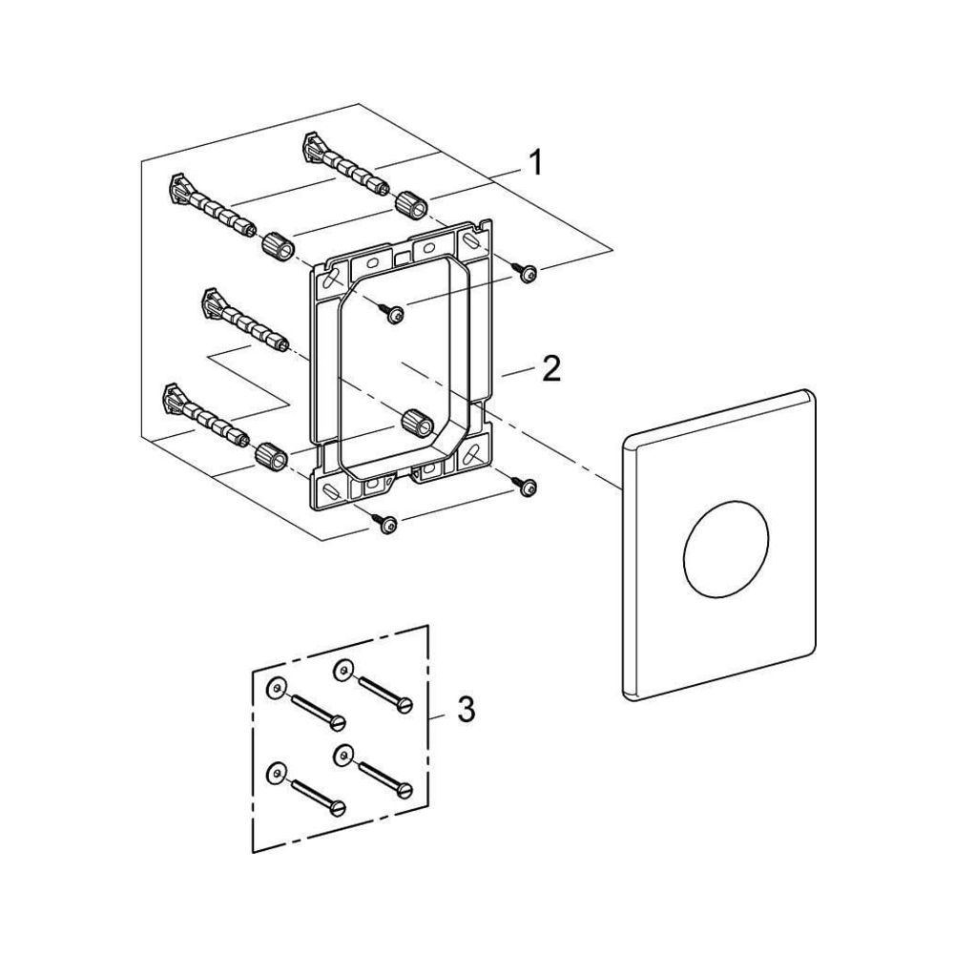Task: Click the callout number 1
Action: pos(535,163)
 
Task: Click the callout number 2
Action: pos(551,368)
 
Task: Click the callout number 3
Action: pos(467,710)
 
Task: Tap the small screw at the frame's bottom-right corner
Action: pos(525,486)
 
